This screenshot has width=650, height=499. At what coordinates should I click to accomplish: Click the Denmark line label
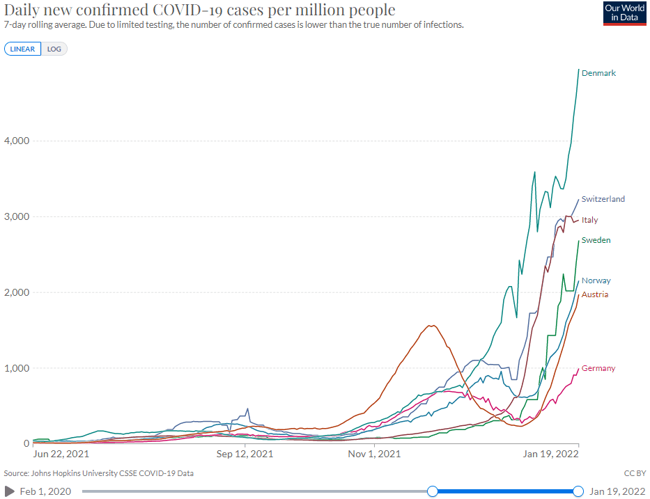click(x=598, y=73)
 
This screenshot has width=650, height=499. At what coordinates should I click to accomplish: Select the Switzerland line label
click(x=603, y=199)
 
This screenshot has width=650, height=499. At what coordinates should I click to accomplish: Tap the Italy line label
click(x=589, y=220)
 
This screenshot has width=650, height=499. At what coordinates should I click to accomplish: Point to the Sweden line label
click(x=596, y=240)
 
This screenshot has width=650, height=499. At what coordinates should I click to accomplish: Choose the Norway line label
click(x=596, y=280)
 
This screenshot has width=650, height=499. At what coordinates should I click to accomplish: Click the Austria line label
click(x=594, y=294)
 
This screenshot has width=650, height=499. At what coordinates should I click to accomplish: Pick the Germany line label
click(x=598, y=368)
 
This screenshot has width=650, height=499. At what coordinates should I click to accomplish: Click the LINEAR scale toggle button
click(x=23, y=49)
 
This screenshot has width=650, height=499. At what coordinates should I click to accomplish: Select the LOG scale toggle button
click(x=54, y=49)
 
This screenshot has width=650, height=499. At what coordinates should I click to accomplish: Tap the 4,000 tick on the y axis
click(x=15, y=141)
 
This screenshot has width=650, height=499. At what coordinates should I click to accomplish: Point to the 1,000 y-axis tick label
click(x=15, y=367)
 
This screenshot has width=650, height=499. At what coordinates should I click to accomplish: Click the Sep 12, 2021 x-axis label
click(x=245, y=454)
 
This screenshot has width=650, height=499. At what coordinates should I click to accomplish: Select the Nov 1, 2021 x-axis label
click(x=374, y=454)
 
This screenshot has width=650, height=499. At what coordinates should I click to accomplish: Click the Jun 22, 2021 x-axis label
click(x=61, y=454)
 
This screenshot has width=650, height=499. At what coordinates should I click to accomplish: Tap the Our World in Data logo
click(x=622, y=13)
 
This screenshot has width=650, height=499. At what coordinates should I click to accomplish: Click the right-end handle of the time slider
click(x=578, y=491)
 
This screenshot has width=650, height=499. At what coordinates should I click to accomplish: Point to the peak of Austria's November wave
click(x=432, y=325)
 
